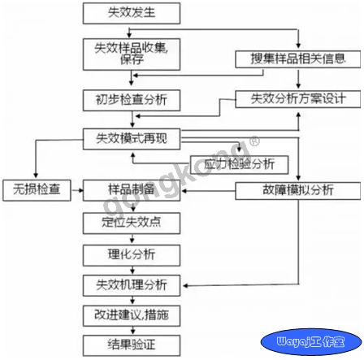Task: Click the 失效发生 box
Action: pos(132,13)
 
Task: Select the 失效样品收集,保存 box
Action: pos(132,54)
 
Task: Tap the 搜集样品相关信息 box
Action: pos(298,59)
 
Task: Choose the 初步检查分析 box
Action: pos(132,101)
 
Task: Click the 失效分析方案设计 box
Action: pos(298,99)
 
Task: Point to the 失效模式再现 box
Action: pos(132,139)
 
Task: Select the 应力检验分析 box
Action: pos(240,165)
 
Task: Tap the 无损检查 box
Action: pos(37,190)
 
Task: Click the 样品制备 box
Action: pos(132,190)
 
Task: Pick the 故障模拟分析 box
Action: pos(298,191)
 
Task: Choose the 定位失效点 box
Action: pos(132,223)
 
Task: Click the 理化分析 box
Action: pos(132,255)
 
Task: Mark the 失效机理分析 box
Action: pos(132,285)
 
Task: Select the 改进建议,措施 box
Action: pos(132,315)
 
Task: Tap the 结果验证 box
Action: pos(132,345)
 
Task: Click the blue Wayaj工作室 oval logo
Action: pos(311,342)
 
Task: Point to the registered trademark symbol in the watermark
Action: pos(254,141)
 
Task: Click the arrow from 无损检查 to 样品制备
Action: pos(77,190)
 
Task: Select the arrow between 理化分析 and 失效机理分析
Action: pos(132,271)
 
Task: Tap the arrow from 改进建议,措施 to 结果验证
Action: pos(132,331)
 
